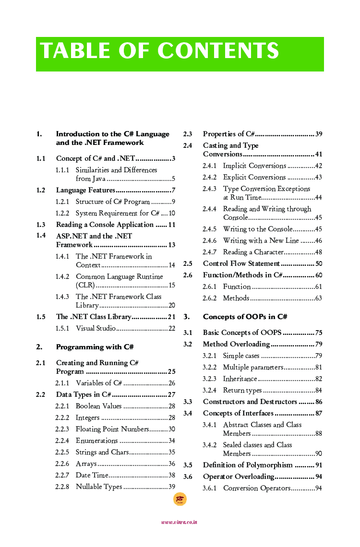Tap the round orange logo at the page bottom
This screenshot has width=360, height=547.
pyautogui.click(x=180, y=499)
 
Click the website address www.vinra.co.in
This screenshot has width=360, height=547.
pyautogui.click(x=179, y=522)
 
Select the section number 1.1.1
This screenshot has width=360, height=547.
pyautogui.click(x=62, y=170)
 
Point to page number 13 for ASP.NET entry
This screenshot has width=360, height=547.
pyautogui.click(x=171, y=245)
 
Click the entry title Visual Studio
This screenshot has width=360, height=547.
pyautogui.click(x=96, y=329)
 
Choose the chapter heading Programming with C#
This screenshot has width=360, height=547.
pyautogui.click(x=95, y=347)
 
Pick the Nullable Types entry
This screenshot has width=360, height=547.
pyautogui.click(x=99, y=487)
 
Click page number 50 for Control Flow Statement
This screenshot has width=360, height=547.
pyautogui.click(x=319, y=264)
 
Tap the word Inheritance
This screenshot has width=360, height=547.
pyautogui.click(x=240, y=379)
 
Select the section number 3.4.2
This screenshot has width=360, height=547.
pyautogui.click(x=209, y=445)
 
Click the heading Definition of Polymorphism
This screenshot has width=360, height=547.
pyautogui.click(x=248, y=465)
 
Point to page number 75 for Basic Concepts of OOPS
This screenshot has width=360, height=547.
pyautogui.click(x=319, y=333)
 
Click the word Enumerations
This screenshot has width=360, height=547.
pyautogui.click(x=96, y=441)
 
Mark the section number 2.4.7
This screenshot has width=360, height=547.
pyautogui.click(x=209, y=252)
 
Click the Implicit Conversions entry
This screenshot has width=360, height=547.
pyautogui.click(x=254, y=166)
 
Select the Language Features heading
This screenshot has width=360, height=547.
pyautogui.click(x=85, y=190)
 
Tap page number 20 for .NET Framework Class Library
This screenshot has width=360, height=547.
pyautogui.click(x=171, y=306)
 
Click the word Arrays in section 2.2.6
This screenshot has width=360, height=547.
pyautogui.click(x=86, y=464)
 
